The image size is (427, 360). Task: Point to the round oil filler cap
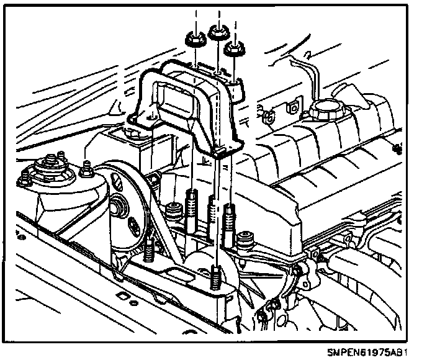coord(324,113)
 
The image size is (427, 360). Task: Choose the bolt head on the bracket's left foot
coord(133,132)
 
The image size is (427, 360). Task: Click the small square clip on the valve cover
coord(267,115)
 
